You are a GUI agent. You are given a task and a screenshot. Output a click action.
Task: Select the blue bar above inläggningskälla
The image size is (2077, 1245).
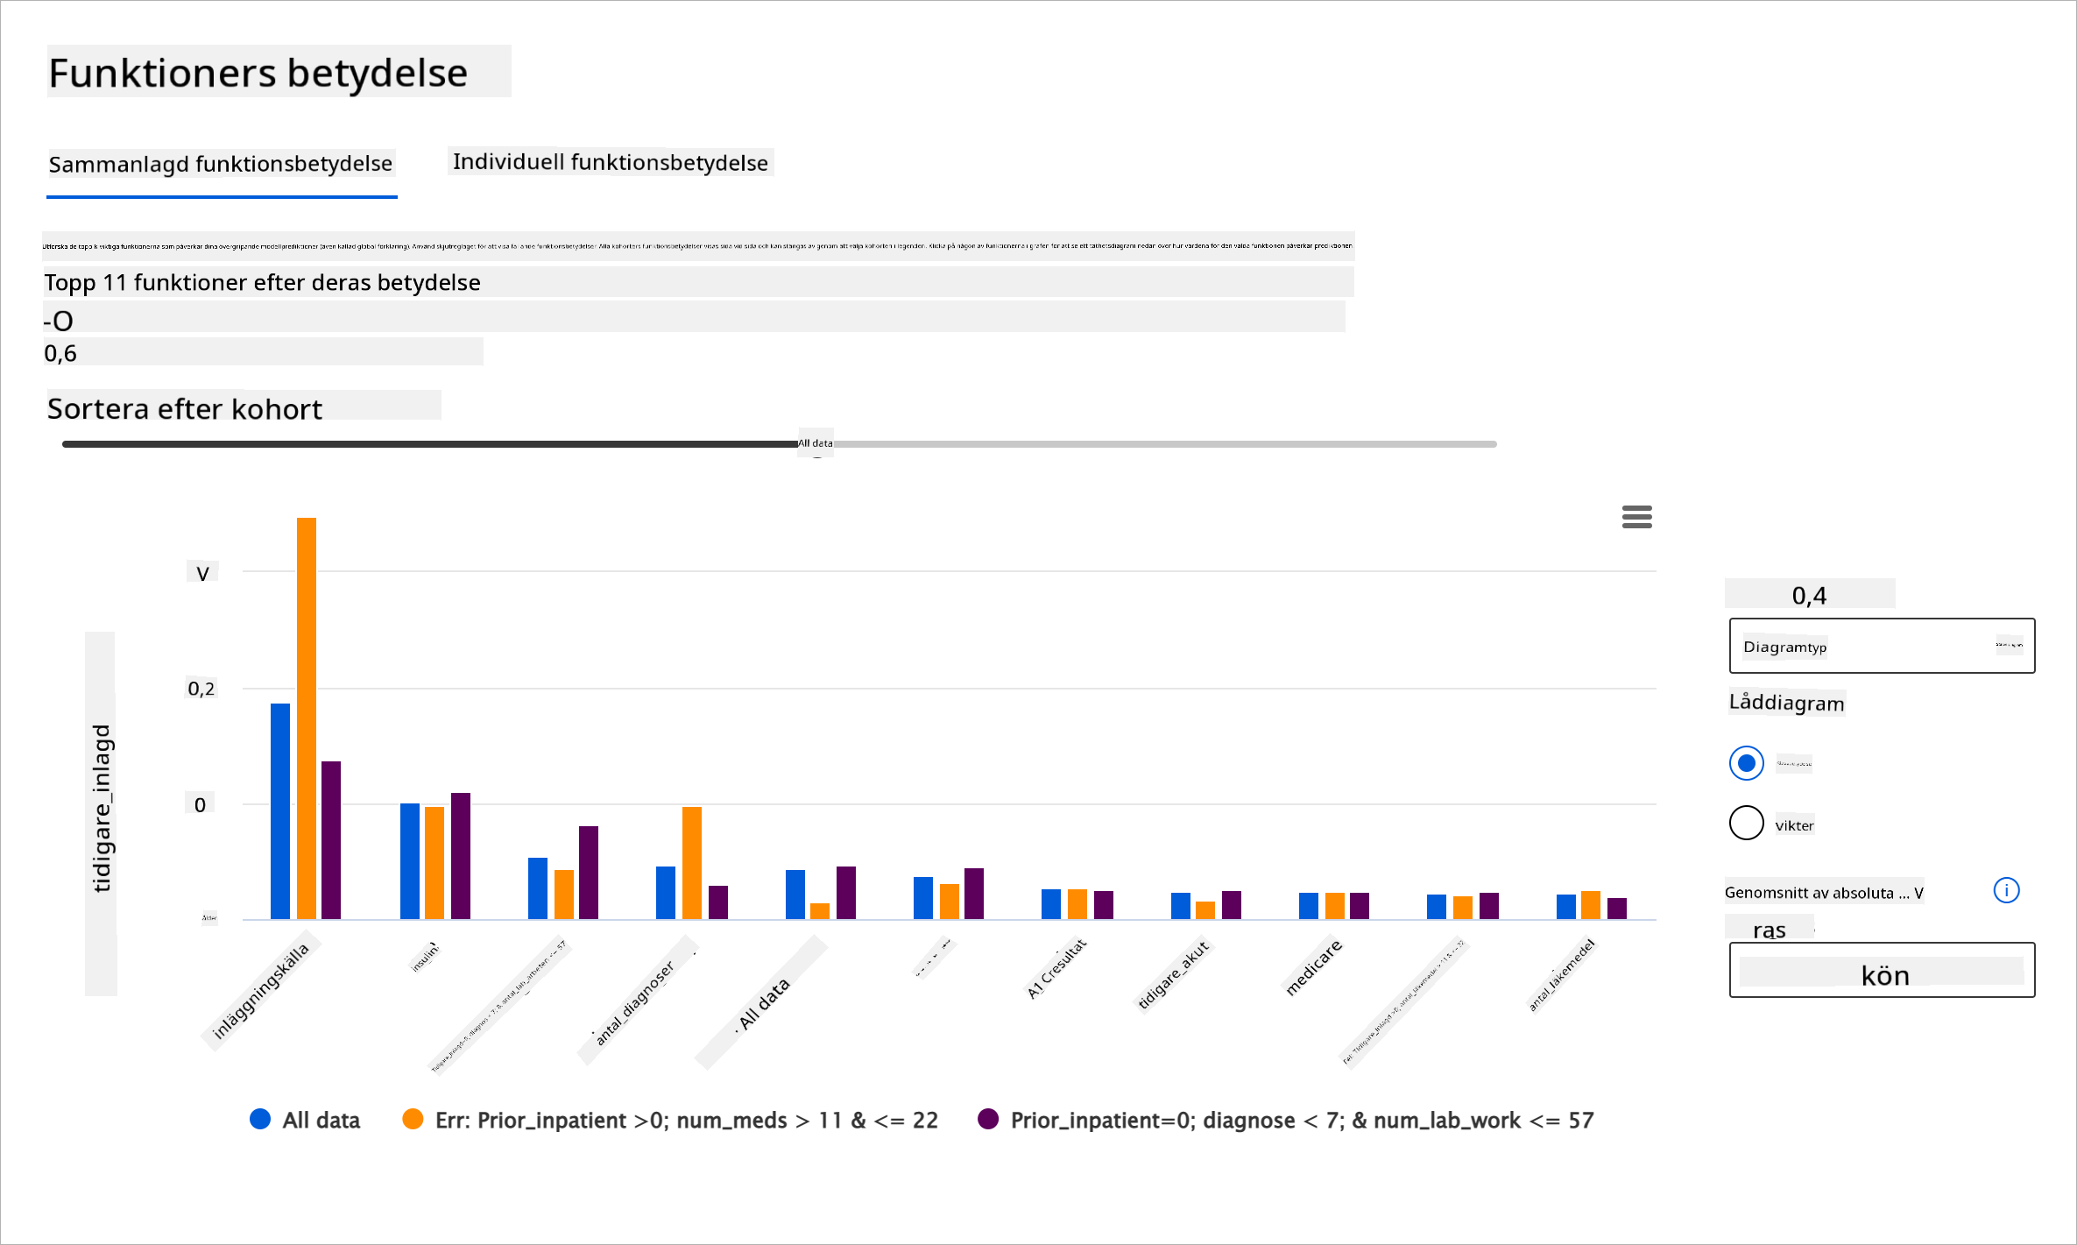pyautogui.click(x=280, y=810)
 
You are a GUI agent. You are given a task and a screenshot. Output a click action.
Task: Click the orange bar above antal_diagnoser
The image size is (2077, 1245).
pyautogui.click(x=692, y=862)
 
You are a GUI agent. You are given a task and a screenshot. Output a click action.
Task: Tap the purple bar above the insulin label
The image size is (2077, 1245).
pyautogui.click(x=461, y=855)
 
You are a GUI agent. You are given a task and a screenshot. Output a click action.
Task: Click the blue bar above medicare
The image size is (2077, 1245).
pyautogui.click(x=1309, y=905)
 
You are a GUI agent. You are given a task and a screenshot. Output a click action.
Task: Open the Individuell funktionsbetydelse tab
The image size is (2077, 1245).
pyautogui.click(x=611, y=162)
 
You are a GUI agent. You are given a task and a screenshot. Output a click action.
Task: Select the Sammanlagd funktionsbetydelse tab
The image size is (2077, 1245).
pyautogui.click(x=221, y=164)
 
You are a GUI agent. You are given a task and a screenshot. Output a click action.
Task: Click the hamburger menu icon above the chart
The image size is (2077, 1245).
pyautogui.click(x=1636, y=517)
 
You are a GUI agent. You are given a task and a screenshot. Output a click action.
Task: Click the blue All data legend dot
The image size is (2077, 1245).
pyautogui.click(x=260, y=1119)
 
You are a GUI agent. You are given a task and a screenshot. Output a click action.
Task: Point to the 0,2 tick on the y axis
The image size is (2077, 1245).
pyautogui.click(x=201, y=689)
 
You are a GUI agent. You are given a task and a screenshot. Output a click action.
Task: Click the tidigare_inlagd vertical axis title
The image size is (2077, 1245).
pyautogui.click(x=102, y=808)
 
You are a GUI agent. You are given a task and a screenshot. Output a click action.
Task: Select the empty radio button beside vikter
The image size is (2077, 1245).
pyautogui.click(x=1746, y=823)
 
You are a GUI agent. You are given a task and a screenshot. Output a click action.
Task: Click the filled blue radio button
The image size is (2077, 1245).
pyautogui.click(x=1746, y=763)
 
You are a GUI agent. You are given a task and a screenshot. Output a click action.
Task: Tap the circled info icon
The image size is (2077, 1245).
pyautogui.click(x=2006, y=890)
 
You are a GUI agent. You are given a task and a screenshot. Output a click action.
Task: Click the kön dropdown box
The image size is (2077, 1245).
pyautogui.click(x=1882, y=970)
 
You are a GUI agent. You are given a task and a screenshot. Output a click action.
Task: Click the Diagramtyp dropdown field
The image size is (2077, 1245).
pyautogui.click(x=1882, y=646)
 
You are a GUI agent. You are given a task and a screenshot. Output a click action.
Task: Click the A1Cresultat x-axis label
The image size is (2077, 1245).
pyautogui.click(x=1056, y=968)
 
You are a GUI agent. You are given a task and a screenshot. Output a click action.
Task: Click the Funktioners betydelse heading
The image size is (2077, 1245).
pyautogui.click(x=258, y=73)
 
